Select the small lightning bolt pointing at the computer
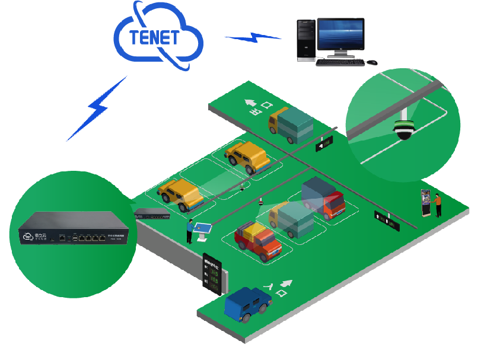[253, 38]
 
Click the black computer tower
[306, 40]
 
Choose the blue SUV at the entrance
[248, 303]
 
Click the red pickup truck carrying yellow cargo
[258, 240]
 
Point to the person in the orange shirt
[438, 205]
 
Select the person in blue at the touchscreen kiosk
[190, 231]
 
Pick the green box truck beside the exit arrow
[291, 125]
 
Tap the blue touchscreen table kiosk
[203, 228]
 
